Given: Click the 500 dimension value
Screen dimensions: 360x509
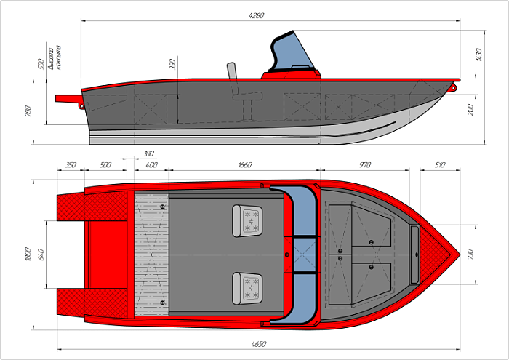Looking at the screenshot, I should (105, 165).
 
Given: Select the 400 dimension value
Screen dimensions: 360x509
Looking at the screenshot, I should (151, 165).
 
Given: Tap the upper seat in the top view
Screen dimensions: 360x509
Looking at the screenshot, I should (247, 220).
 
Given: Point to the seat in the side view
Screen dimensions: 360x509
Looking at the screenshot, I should (239, 95).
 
